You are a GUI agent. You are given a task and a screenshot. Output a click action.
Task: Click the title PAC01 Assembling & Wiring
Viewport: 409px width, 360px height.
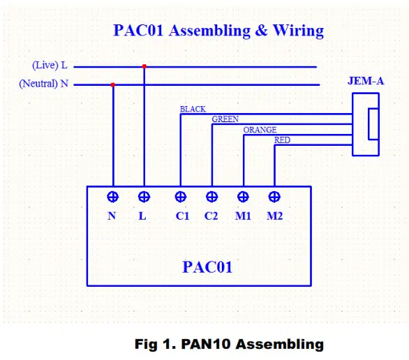pyautogui.click(x=218, y=31)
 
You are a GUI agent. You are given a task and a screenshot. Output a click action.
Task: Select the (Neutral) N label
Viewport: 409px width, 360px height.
pyautogui.click(x=44, y=84)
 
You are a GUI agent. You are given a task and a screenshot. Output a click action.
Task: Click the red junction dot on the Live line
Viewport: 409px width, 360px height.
pyautogui.click(x=144, y=67)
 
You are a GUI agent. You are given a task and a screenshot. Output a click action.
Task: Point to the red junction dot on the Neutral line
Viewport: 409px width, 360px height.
pyautogui.click(x=112, y=85)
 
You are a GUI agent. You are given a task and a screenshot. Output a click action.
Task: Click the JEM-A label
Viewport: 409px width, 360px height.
pyautogui.click(x=365, y=81)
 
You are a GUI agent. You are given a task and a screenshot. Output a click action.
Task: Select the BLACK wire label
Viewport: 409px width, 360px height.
pyautogui.click(x=193, y=110)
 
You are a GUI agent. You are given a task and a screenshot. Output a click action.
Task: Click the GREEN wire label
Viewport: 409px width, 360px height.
pyautogui.click(x=225, y=120)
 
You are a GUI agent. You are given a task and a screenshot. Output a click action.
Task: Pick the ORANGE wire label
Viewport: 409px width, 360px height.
pyautogui.click(x=260, y=130)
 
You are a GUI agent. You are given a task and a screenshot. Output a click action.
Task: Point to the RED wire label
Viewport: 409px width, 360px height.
pyautogui.click(x=282, y=140)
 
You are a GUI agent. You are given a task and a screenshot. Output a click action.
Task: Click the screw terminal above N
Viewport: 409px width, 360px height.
pyautogui.click(x=112, y=197)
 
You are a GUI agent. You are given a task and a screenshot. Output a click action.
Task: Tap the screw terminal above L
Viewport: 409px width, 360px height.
pyautogui.click(x=144, y=197)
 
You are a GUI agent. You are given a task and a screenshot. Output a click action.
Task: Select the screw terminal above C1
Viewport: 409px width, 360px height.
pyautogui.click(x=181, y=197)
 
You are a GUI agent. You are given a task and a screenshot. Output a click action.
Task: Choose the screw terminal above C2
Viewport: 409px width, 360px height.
pyautogui.click(x=211, y=197)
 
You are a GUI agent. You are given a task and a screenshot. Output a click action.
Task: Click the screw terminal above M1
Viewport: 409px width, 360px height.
pyautogui.click(x=243, y=197)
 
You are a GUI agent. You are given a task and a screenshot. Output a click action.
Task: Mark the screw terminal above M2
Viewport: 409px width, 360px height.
pyautogui.click(x=274, y=197)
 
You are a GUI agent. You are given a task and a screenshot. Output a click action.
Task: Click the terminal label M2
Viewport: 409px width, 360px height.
pyautogui.click(x=274, y=216)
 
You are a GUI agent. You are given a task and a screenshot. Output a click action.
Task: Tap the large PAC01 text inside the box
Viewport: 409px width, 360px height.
pyautogui.click(x=207, y=267)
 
